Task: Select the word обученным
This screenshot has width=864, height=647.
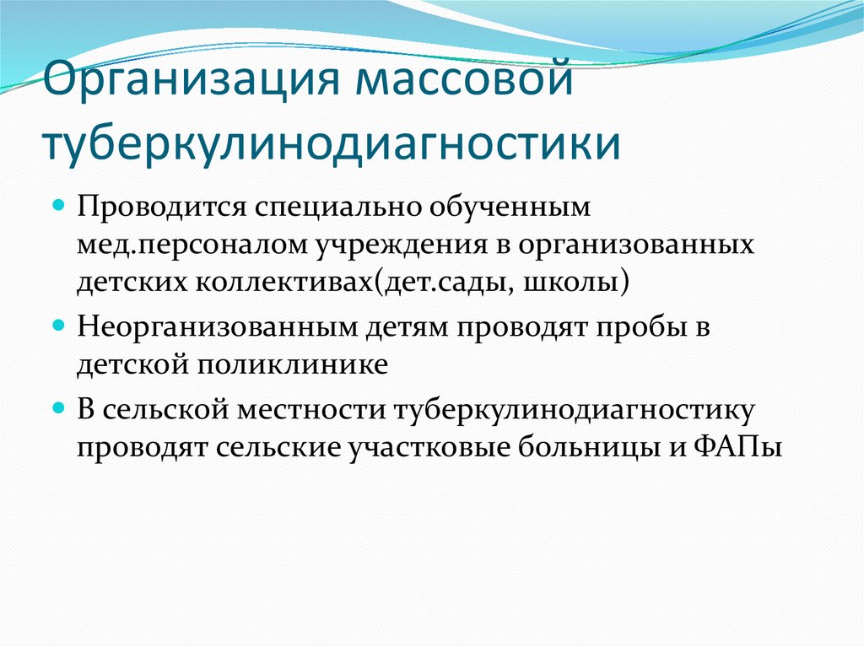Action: point(499,208)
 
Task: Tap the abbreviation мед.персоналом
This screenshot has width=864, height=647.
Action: point(193,245)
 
